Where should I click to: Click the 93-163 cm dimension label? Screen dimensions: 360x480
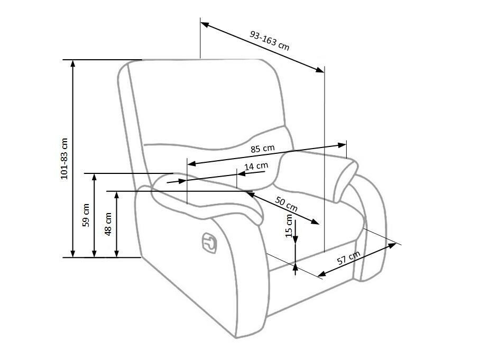(269, 39)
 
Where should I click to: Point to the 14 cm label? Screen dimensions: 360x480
(256, 167)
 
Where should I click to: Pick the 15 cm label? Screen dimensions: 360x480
(289, 226)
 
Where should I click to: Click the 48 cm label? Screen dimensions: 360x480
(108, 224)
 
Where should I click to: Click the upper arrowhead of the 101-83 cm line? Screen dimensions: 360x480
(73, 63)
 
